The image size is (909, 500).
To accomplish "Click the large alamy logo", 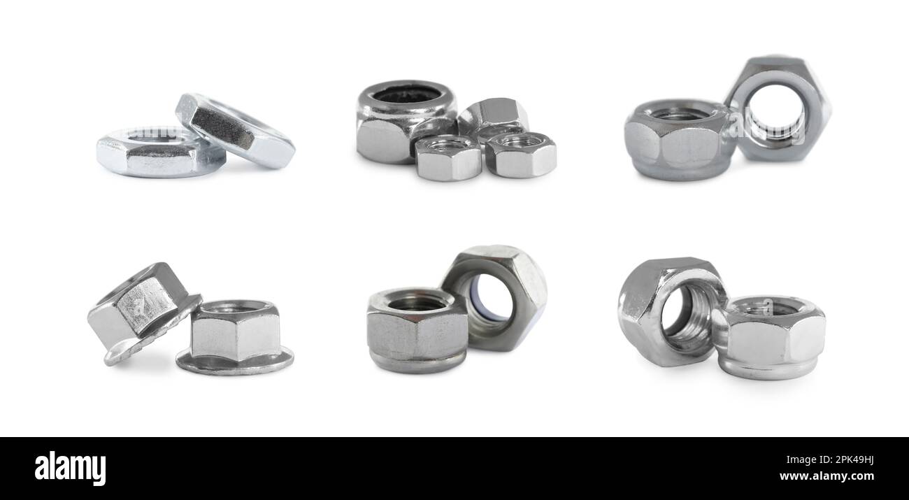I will click(x=70, y=468).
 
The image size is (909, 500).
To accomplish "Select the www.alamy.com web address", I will click(x=826, y=477).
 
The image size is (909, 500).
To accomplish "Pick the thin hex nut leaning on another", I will click(x=234, y=131).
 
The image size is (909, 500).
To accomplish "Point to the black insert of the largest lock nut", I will click(x=406, y=94).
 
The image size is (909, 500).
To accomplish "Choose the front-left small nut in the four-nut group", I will click(x=448, y=159).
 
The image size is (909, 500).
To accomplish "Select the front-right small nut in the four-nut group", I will click(x=521, y=155).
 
